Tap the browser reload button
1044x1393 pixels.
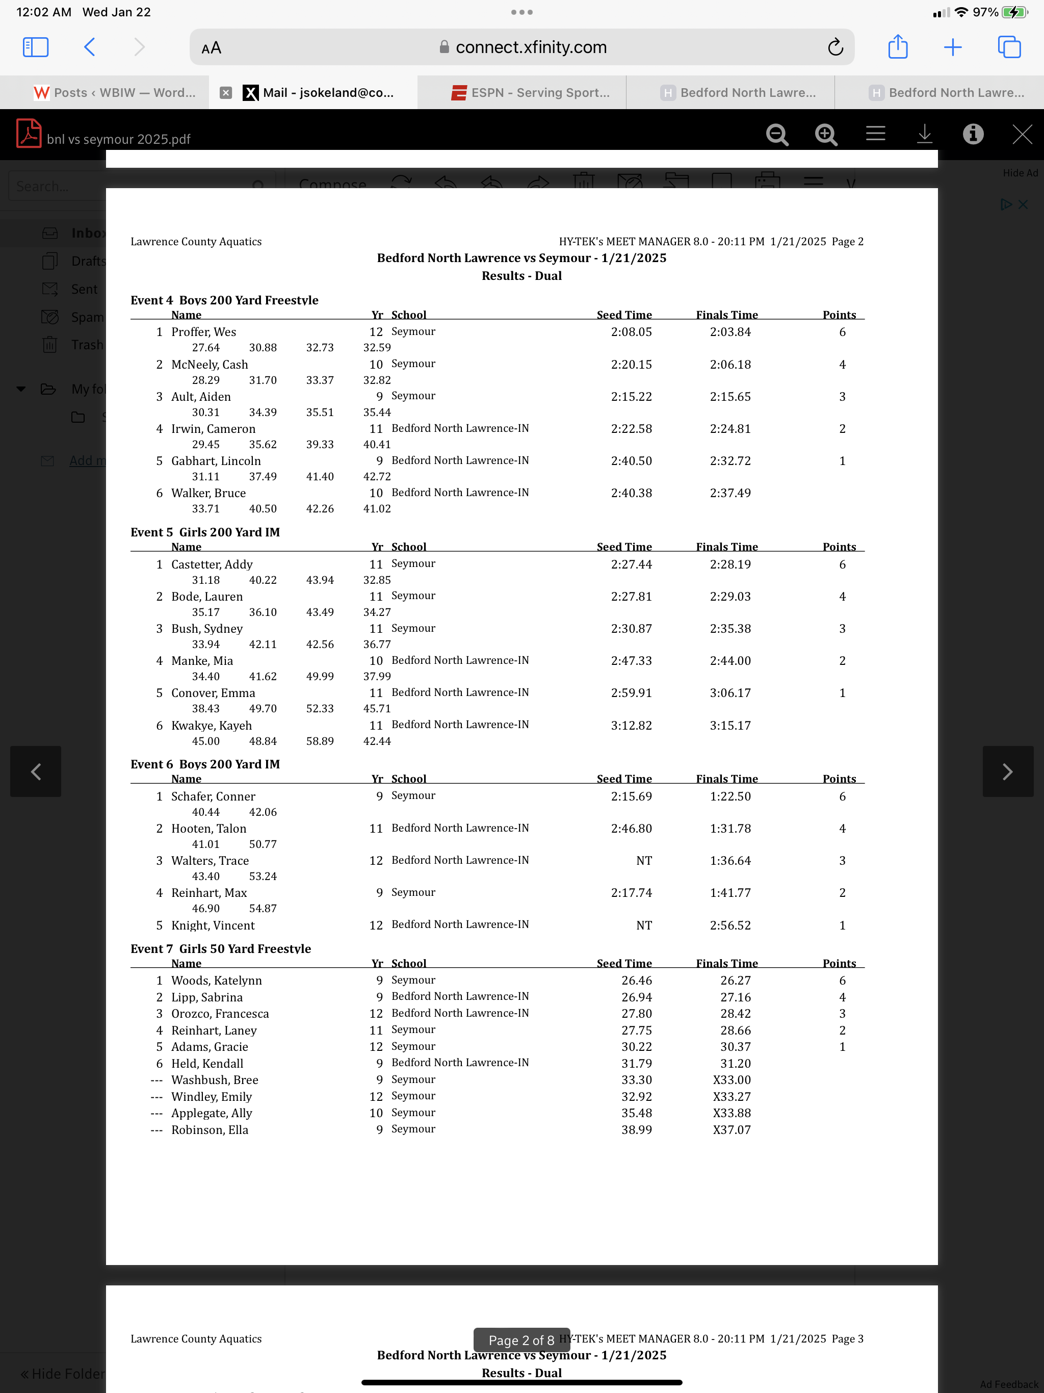pos(835,47)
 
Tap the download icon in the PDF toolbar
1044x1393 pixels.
pos(924,134)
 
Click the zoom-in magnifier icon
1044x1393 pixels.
pos(825,134)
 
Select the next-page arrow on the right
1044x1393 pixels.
pos(1007,771)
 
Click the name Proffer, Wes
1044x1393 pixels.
pos(203,332)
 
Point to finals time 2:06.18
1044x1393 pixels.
pos(730,365)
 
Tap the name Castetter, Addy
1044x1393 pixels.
pos(212,564)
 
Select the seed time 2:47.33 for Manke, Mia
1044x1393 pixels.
pos(631,661)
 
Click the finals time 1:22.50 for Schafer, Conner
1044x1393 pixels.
pos(730,796)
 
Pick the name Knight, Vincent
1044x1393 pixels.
pos(213,925)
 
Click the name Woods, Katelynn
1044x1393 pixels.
pos(217,981)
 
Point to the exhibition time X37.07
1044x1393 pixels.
pos(731,1130)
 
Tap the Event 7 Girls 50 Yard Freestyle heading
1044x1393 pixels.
pos(220,948)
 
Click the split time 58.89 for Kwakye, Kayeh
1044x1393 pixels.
pos(320,741)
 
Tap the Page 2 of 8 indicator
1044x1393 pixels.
pos(521,1340)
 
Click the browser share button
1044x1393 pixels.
pos(897,47)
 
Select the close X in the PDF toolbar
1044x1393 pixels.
pos(1022,134)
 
